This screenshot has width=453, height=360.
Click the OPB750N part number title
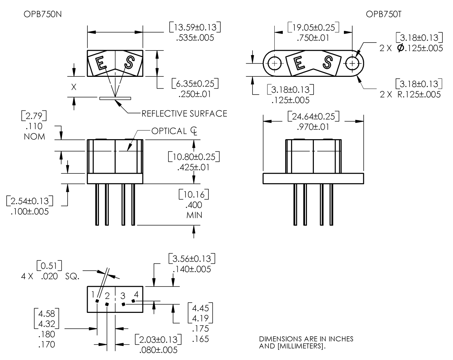[43, 14]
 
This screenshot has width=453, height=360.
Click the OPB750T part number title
[383, 14]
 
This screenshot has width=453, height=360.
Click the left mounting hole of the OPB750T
[274, 63]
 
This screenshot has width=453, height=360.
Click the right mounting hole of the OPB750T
[352, 63]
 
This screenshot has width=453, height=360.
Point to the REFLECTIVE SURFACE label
[184, 114]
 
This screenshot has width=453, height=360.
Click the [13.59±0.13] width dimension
[195, 27]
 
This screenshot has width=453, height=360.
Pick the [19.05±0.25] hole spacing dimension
[313, 27]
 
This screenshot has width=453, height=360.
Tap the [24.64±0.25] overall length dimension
[313, 116]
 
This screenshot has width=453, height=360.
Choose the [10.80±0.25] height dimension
[194, 157]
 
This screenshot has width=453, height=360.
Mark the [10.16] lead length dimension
[194, 195]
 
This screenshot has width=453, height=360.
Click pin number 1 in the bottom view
[93, 294]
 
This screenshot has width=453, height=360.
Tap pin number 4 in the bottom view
[136, 293]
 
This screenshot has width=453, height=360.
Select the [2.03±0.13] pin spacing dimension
[158, 339]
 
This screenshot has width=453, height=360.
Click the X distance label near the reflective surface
[74, 87]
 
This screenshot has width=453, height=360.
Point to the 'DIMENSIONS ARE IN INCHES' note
[306, 339]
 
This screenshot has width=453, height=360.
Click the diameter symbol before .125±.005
[400, 48]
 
